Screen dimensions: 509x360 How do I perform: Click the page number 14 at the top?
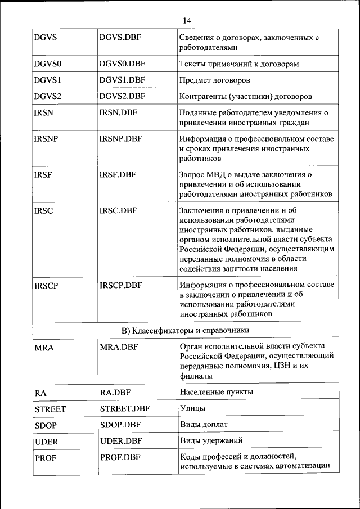coord(187,21)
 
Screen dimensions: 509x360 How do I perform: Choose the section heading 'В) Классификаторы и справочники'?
coord(185,329)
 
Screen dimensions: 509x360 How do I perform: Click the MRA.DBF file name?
coord(119,346)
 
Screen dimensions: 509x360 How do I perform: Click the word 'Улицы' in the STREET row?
coord(192,408)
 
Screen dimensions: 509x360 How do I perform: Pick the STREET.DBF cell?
coord(124,409)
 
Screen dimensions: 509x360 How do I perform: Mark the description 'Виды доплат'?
coord(203,424)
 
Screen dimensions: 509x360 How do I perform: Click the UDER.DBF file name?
coord(120,442)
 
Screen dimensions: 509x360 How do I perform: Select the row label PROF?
coord(45,458)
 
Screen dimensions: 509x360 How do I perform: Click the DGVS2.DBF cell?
coord(122,96)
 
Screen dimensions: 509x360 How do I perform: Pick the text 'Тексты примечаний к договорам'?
coord(238,64)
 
